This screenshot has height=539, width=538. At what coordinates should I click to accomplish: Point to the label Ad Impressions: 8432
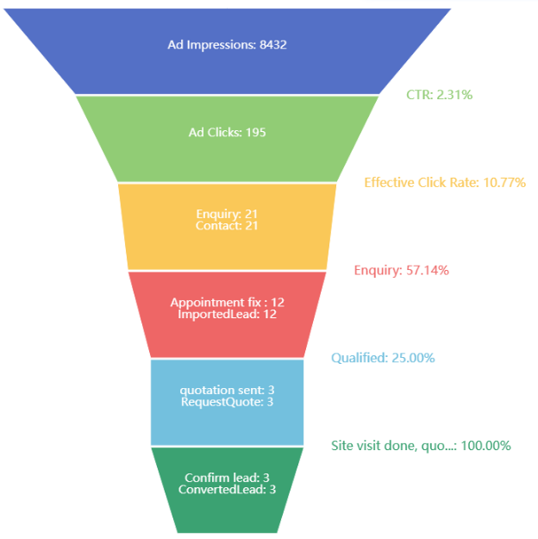(x=227, y=44)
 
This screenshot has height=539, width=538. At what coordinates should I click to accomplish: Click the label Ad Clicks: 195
(x=227, y=132)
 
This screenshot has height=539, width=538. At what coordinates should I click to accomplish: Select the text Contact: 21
(x=227, y=226)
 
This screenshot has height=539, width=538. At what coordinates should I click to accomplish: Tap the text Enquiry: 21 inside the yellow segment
(x=227, y=214)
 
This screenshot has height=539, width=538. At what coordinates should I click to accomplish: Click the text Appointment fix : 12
(x=227, y=303)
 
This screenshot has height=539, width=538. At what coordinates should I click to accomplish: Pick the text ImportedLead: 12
(x=227, y=315)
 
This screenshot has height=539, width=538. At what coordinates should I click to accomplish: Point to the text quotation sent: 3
(x=227, y=390)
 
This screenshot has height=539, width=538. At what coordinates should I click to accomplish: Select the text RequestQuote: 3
(x=227, y=402)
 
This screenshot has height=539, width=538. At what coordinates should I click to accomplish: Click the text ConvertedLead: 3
(x=227, y=490)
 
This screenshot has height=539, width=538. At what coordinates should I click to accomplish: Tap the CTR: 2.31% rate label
(x=439, y=95)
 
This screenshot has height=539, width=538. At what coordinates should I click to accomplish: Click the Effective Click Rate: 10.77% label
(x=444, y=182)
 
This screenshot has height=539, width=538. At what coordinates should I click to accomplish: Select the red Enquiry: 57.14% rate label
(x=401, y=270)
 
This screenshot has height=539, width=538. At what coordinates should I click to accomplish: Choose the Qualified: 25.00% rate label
(x=383, y=358)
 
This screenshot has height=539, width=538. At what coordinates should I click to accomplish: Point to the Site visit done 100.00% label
(x=421, y=446)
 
